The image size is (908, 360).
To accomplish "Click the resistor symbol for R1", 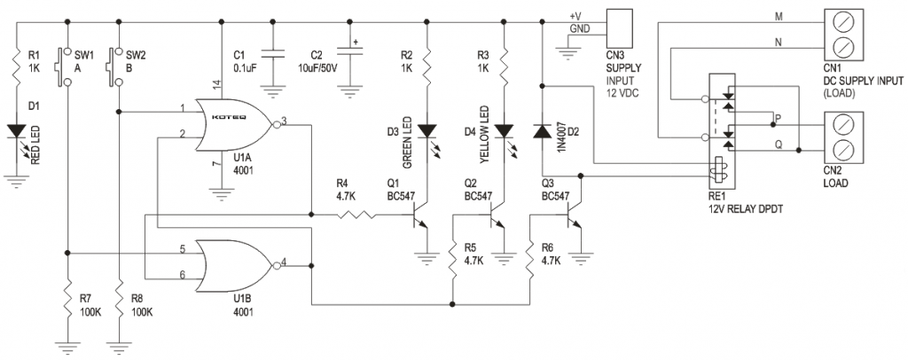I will click(18, 64).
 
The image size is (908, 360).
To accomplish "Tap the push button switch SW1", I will click(65, 66).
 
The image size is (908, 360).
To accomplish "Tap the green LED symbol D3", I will click(428, 131).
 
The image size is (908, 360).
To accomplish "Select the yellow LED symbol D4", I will click(504, 131).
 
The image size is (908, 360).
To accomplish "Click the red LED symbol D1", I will click(18, 131).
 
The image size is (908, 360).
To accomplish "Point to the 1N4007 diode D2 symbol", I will click(541, 131).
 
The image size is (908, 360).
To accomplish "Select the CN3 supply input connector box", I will click(617, 22).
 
